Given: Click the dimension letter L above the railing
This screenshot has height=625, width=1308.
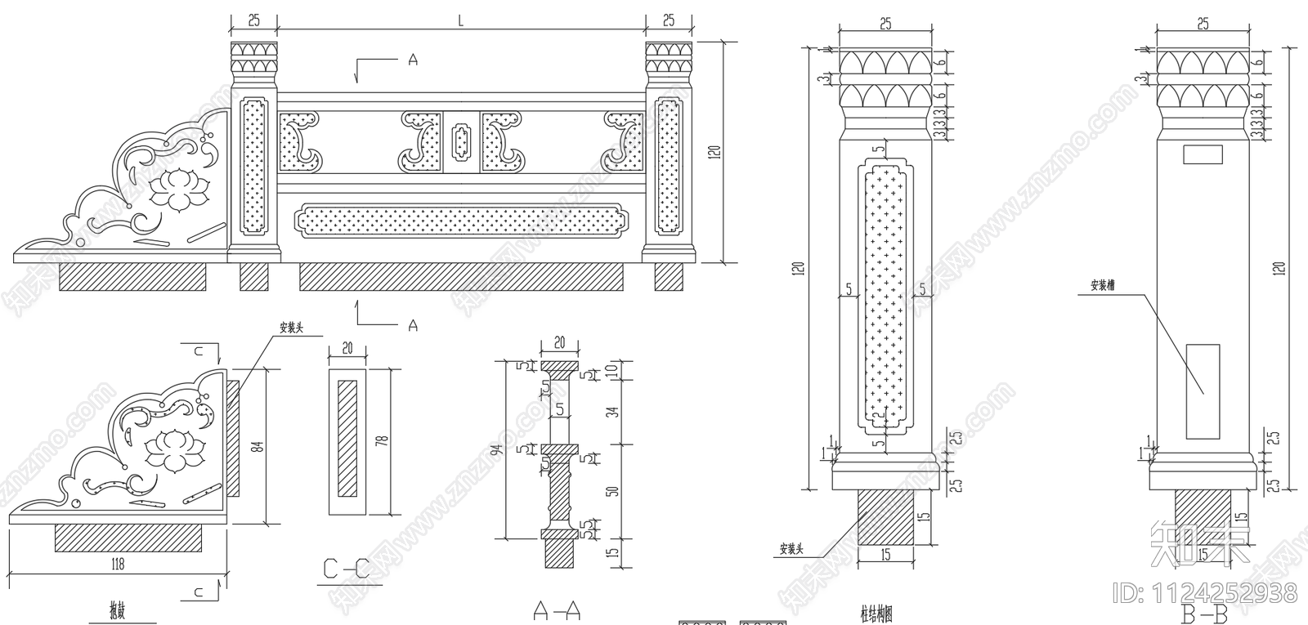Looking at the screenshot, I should (460, 23).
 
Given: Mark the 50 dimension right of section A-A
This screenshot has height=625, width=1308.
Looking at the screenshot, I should (615, 489).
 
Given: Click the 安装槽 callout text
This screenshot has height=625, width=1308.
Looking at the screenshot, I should (1103, 286).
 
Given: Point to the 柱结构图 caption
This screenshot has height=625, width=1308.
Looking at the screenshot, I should (875, 612).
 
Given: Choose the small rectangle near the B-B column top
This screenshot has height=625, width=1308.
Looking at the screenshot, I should (1203, 153).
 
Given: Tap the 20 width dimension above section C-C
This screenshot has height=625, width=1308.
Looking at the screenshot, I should (347, 348).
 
